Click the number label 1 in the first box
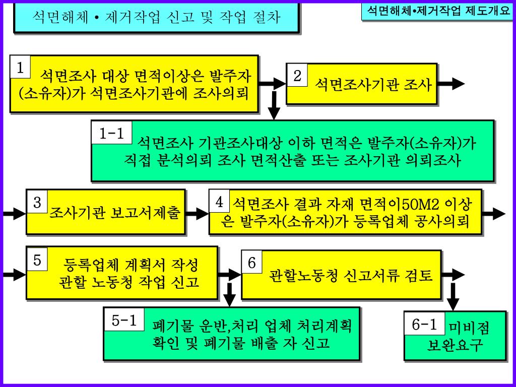(21, 68)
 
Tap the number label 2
(297, 76)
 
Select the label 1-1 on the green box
(112, 134)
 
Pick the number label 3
(37, 203)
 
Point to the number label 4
(220, 203)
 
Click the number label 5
(37, 261)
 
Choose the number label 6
(252, 263)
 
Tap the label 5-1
(124, 320)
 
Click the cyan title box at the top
(157, 18)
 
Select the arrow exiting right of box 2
(450, 84)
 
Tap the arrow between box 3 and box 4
(197, 214)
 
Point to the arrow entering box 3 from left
(14, 214)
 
